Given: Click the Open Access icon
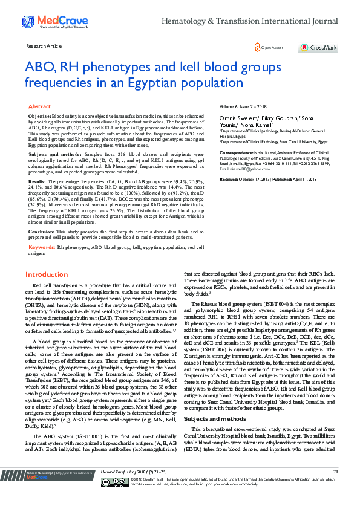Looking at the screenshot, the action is pos(258,47).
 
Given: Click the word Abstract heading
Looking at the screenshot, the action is pos(40,106).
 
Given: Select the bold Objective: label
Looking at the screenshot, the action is pos(40,115).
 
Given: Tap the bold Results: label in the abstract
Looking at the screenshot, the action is pos(38,181).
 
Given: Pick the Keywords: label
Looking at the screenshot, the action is pos(42,247).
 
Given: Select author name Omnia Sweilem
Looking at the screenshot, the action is pos(238,117).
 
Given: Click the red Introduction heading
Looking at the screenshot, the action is pos(47,274).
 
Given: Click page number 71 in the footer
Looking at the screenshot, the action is pos(335,488).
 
